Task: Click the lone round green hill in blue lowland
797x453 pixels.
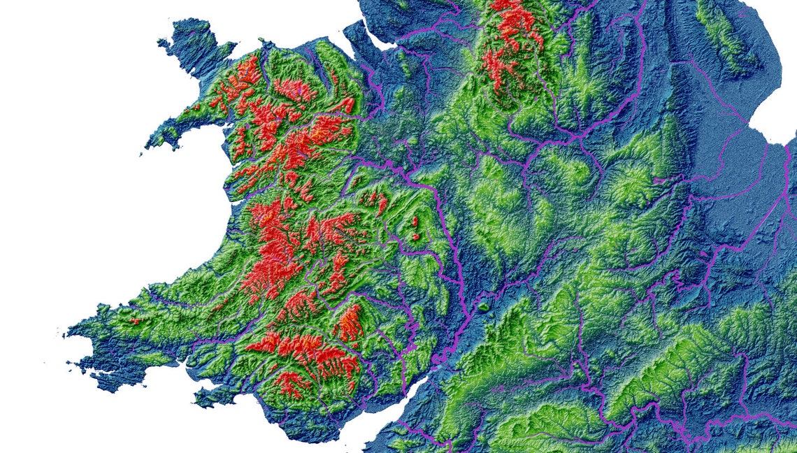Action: tap(483, 306)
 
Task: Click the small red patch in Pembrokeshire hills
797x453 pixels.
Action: tap(134, 322)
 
